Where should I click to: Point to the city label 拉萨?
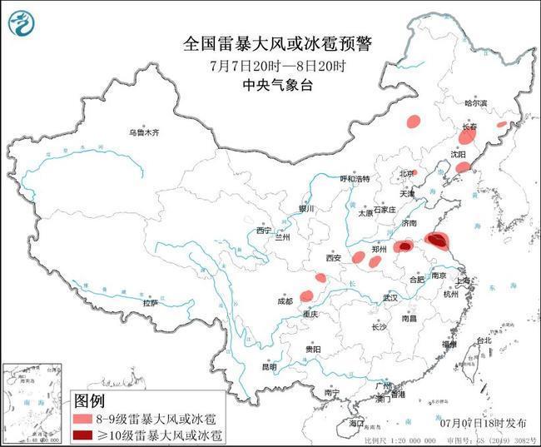(150, 303)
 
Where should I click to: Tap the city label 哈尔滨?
(475, 103)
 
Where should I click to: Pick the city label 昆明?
(269, 365)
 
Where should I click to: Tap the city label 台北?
(482, 341)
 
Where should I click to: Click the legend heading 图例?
(89, 402)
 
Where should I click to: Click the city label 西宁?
(264, 231)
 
